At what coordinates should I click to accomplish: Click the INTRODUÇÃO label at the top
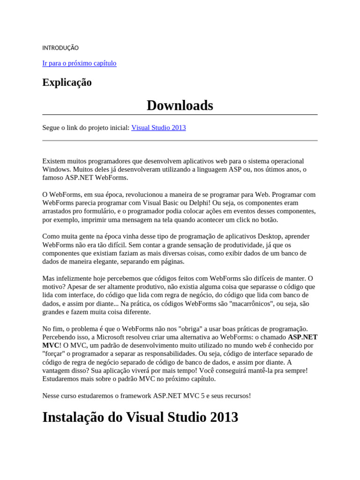tap(60, 48)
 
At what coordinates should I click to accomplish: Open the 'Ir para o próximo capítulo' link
tap(79, 63)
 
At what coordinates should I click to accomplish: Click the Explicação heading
tap(67, 82)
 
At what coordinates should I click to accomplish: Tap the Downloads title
tap(180, 105)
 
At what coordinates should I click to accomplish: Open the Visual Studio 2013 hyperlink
tap(158, 127)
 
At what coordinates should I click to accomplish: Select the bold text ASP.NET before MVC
tap(302, 337)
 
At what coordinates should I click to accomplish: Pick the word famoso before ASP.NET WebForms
tap(53, 178)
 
